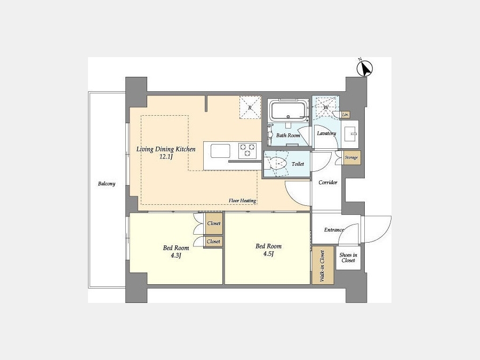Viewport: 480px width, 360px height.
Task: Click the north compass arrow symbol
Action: pyautogui.click(x=365, y=68)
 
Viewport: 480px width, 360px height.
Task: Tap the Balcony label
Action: pyautogui.click(x=107, y=183)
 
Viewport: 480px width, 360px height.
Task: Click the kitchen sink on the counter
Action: pyautogui.click(x=220, y=150)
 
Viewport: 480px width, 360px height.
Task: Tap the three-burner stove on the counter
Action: pyautogui.click(x=247, y=150)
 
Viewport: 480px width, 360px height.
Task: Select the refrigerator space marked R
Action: pyautogui.click(x=250, y=107)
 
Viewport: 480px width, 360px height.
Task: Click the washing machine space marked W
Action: pyautogui.click(x=325, y=107)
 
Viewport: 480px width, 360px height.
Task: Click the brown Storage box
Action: pyautogui.click(x=351, y=158)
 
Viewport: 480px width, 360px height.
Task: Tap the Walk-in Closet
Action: pyautogui.click(x=323, y=265)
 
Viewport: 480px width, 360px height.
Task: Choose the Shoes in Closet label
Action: pyautogui.click(x=348, y=258)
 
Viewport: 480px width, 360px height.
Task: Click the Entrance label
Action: pyautogui.click(x=334, y=229)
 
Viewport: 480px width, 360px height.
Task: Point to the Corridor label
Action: pyautogui.click(x=328, y=182)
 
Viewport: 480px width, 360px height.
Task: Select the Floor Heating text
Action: pyautogui.click(x=242, y=201)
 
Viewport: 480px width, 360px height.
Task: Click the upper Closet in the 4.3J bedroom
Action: pyautogui.click(x=214, y=223)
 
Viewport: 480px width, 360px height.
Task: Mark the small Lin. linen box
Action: pyautogui.click(x=346, y=115)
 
